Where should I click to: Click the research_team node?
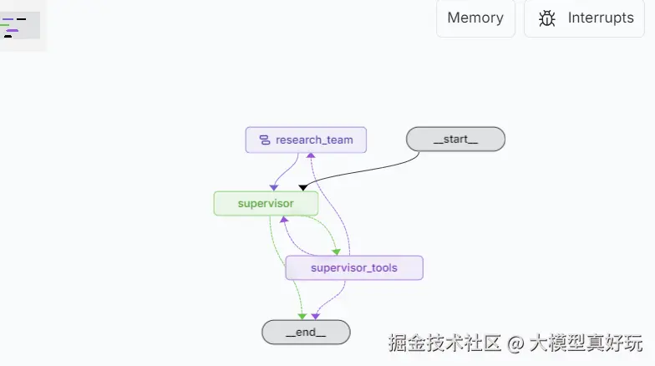tap(306, 140)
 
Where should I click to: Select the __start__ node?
tap(455, 140)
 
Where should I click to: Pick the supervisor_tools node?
tap(354, 267)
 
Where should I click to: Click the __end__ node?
tap(306, 332)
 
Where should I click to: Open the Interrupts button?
tap(585, 18)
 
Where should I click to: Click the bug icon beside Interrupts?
tap(547, 18)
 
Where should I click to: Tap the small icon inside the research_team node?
tap(264, 140)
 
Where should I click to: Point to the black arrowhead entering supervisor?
tap(302, 187)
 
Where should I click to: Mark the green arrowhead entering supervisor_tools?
tap(336, 251)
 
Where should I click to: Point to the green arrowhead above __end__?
tap(302, 316)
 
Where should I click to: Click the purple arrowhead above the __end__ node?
tap(315, 316)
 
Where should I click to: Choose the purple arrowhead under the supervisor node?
tap(283, 220)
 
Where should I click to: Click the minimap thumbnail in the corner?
tap(20, 24)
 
